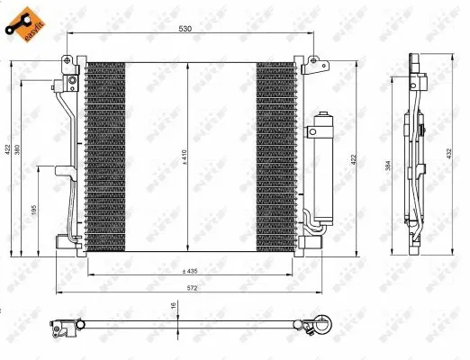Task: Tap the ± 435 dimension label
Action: (x=189, y=271)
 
